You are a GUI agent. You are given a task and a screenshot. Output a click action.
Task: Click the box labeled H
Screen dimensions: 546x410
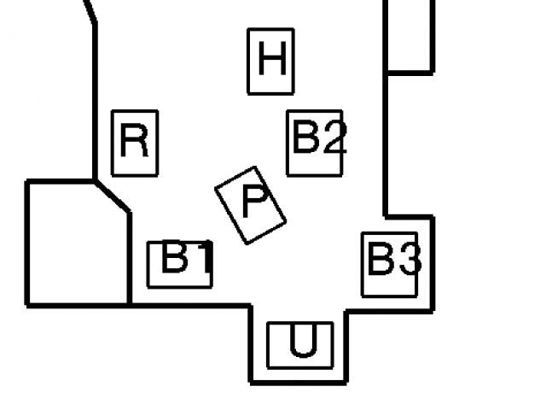pos(270,61)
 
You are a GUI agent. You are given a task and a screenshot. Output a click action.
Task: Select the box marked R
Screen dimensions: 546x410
pos(135,143)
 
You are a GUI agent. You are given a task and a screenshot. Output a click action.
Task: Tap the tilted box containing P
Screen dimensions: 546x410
pos(250,205)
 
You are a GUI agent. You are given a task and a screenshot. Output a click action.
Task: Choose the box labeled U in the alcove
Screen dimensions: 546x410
pos(299,345)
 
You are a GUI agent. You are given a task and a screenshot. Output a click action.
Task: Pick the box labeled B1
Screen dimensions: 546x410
pos(179,264)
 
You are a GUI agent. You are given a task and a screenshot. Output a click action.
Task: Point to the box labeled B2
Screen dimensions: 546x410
pos(315,143)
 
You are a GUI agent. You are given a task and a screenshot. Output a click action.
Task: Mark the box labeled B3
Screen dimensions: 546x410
pos(389,264)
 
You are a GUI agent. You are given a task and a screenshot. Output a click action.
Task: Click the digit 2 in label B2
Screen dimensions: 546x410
pos(332,138)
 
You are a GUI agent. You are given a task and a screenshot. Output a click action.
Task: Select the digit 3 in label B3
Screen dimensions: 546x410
pos(407,259)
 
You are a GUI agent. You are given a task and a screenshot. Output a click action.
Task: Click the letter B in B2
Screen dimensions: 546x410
pos(305,138)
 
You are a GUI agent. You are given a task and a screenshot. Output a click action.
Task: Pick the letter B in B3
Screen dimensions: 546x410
pos(380,259)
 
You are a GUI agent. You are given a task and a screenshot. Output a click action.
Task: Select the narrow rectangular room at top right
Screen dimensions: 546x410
pos(409,34)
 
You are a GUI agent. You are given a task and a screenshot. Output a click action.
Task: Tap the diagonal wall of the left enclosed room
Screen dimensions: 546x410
pos(112,196)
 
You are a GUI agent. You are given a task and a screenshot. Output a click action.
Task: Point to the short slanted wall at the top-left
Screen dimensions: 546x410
pos(89,10)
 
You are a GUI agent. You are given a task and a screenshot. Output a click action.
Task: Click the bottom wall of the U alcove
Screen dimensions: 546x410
pos(299,381)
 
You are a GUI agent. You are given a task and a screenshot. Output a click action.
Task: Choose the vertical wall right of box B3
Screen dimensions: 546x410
pos(433,265)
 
